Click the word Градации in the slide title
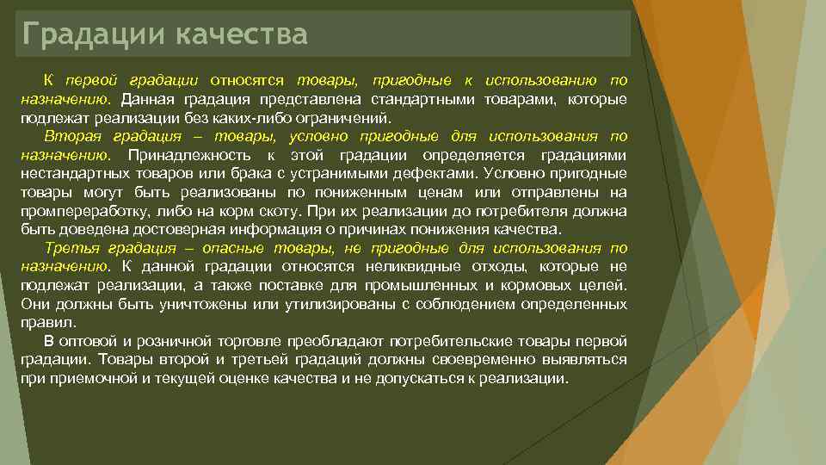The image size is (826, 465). pos(95,34)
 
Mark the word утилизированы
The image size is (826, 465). pos(326,304)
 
